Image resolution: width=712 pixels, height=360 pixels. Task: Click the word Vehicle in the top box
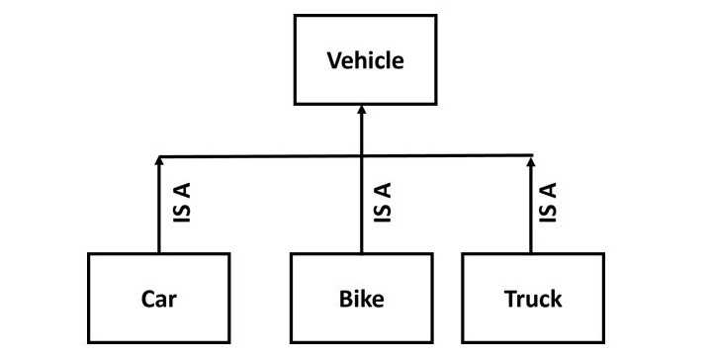click(365, 60)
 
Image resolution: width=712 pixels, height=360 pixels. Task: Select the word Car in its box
click(158, 299)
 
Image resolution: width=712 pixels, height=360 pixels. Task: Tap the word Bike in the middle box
click(361, 299)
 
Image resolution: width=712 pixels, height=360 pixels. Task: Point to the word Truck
click(532, 299)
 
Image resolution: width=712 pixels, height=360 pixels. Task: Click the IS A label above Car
click(182, 202)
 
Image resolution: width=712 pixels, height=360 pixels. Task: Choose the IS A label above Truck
click(551, 202)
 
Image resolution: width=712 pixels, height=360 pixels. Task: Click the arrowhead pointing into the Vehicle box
click(361, 111)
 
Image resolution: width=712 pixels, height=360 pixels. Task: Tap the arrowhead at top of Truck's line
click(532, 160)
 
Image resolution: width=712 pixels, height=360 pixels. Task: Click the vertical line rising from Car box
click(158, 213)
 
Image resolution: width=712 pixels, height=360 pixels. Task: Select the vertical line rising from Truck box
click(532, 213)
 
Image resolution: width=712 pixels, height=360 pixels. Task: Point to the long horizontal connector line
click(257, 156)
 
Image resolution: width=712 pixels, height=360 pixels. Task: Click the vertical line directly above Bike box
click(361, 213)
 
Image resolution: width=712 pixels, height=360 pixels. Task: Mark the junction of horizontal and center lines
click(361, 156)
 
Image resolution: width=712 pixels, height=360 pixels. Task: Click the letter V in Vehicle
click(333, 60)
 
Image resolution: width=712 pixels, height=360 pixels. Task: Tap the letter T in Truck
click(508, 299)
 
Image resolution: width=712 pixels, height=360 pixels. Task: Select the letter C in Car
click(144, 299)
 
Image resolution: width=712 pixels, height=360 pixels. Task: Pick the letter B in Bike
click(344, 299)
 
